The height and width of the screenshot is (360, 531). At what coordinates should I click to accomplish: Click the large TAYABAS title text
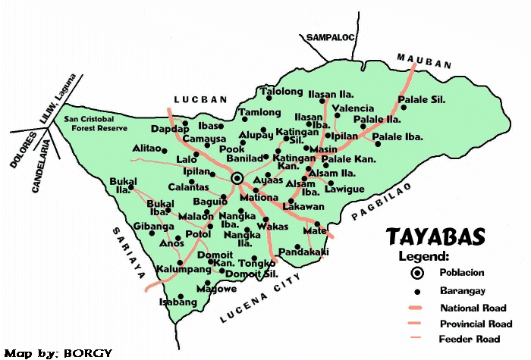435,237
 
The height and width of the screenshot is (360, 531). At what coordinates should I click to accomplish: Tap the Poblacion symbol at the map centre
237,178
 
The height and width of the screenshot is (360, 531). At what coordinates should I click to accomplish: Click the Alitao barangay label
146,149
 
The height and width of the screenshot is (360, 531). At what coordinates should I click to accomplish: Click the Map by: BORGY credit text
58,353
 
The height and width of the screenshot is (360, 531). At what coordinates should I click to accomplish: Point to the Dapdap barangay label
169,130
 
